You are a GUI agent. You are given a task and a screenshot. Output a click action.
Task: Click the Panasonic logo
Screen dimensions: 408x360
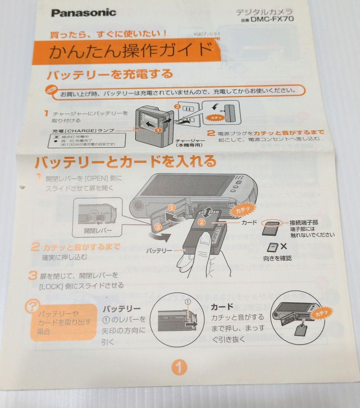click(x=84, y=13)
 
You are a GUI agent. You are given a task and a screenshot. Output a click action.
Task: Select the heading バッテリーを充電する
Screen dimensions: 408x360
click(x=109, y=74)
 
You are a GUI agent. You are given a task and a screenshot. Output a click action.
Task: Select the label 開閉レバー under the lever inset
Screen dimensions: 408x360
click(x=98, y=230)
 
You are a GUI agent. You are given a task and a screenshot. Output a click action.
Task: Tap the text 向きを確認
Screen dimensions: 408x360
click(x=277, y=259)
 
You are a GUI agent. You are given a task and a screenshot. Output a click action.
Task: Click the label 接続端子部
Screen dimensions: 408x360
click(x=304, y=222)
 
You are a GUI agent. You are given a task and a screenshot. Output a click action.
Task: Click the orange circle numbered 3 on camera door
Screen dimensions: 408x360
click(x=158, y=227)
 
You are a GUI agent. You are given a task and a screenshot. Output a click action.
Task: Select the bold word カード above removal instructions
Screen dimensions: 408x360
click(x=222, y=306)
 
